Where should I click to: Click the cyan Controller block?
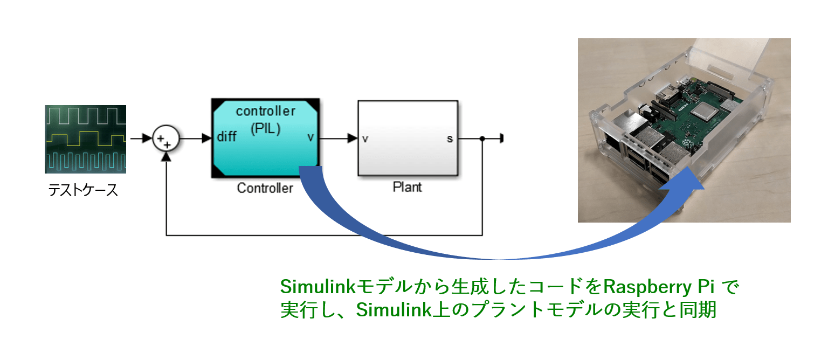(x=265, y=138)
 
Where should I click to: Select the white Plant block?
(x=408, y=138)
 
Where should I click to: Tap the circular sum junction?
(x=166, y=139)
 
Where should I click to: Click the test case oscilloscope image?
(x=86, y=139)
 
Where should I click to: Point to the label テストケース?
(x=83, y=191)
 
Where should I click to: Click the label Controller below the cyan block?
(x=265, y=188)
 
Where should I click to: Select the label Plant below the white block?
(x=407, y=188)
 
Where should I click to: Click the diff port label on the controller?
(x=226, y=137)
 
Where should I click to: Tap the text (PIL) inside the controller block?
(x=266, y=130)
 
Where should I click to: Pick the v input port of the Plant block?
(x=365, y=139)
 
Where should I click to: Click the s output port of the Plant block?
(x=450, y=139)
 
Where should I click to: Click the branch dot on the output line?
(x=482, y=139)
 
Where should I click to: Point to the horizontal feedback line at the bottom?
(x=323, y=236)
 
